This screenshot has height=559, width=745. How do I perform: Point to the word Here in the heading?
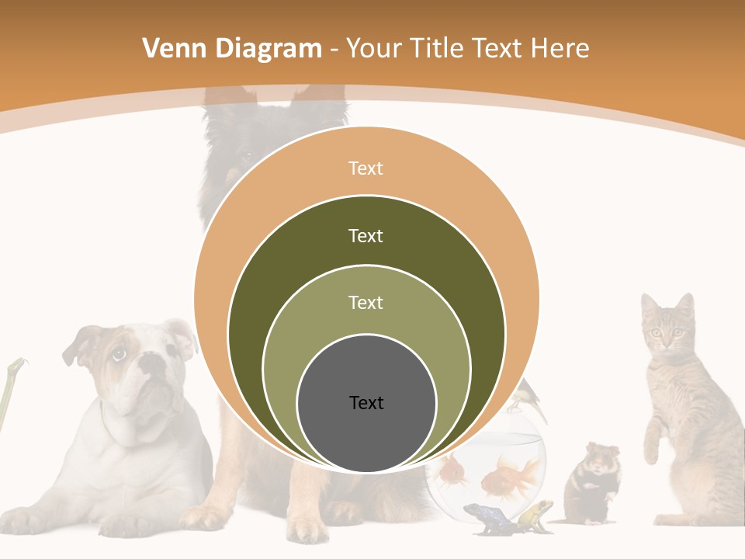point(560,49)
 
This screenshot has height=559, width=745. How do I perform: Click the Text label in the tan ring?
point(366,168)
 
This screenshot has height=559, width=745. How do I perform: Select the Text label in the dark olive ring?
point(366,235)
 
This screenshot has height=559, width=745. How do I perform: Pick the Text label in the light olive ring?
point(366,302)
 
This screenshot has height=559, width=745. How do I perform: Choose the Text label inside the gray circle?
point(366,402)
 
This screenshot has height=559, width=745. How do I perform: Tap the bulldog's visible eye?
point(118,355)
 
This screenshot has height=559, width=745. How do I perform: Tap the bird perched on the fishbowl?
point(530,396)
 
